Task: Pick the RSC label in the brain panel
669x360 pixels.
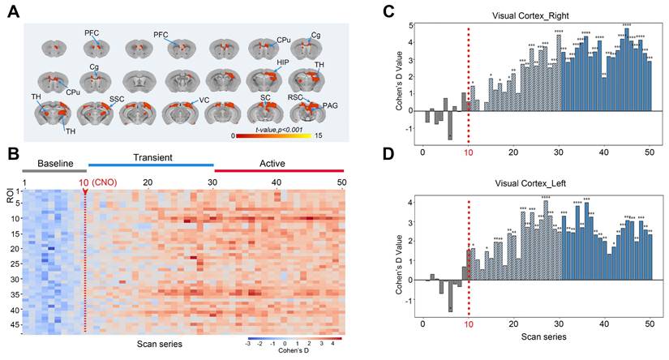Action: [295, 97]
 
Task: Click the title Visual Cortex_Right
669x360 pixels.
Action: [534, 15]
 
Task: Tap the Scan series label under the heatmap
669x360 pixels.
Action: [159, 344]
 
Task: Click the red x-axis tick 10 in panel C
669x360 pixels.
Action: [468, 152]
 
